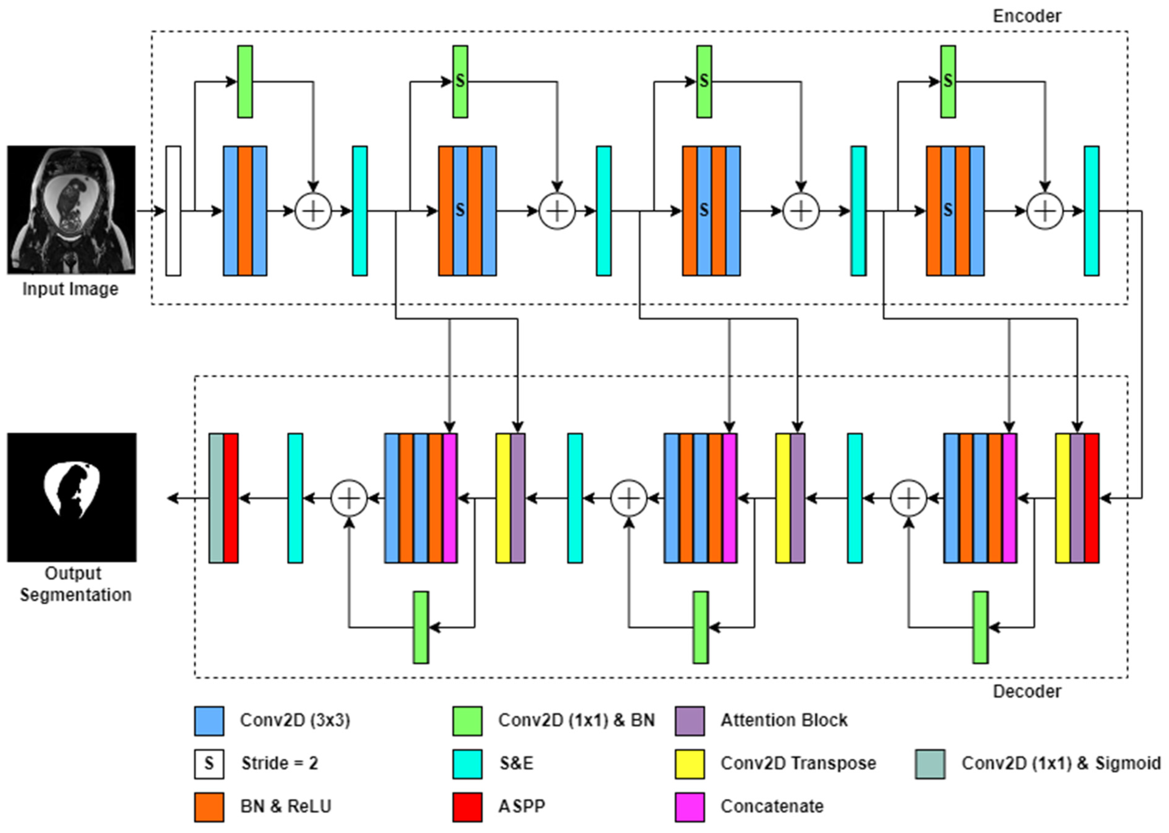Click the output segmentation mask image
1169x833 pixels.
click(72, 497)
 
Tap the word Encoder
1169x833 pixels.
click(1026, 16)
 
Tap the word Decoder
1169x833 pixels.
click(1026, 691)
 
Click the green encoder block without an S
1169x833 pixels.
click(245, 81)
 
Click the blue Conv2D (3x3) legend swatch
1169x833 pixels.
click(209, 721)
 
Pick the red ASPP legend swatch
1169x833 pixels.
click(467, 807)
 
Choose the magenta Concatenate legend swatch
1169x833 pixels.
click(689, 807)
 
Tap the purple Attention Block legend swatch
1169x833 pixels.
click(689, 721)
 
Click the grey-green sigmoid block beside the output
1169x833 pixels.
click(216, 498)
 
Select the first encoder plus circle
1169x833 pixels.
click(313, 211)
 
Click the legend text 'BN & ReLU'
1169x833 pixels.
click(285, 806)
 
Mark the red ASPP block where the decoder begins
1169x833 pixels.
click(1092, 498)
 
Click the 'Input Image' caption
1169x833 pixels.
click(70, 289)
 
